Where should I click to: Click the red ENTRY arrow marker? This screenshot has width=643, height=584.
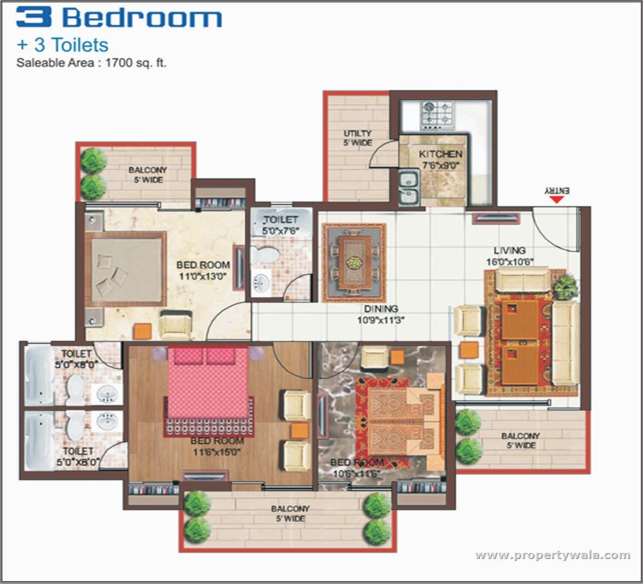pyautogui.click(x=556, y=199)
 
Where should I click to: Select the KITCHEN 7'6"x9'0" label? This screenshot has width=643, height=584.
pyautogui.click(x=440, y=159)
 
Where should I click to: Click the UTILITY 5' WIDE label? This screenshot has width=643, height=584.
pyautogui.click(x=358, y=138)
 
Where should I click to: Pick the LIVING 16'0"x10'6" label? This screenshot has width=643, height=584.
pyautogui.click(x=509, y=256)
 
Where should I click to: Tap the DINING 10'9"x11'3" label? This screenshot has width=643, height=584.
pyautogui.click(x=381, y=314)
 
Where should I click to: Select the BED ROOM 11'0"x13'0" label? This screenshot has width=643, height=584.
pyautogui.click(x=203, y=270)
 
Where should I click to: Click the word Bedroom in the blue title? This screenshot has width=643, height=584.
pyautogui.click(x=142, y=18)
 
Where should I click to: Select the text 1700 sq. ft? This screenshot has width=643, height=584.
pyautogui.click(x=135, y=63)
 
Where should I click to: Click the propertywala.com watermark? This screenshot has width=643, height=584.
pyautogui.click(x=553, y=555)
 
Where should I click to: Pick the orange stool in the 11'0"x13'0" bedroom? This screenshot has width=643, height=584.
pyautogui.click(x=142, y=331)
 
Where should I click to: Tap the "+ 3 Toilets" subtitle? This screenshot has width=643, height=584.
pyautogui.click(x=63, y=45)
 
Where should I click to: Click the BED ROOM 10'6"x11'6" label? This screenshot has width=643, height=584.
pyautogui.click(x=356, y=468)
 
